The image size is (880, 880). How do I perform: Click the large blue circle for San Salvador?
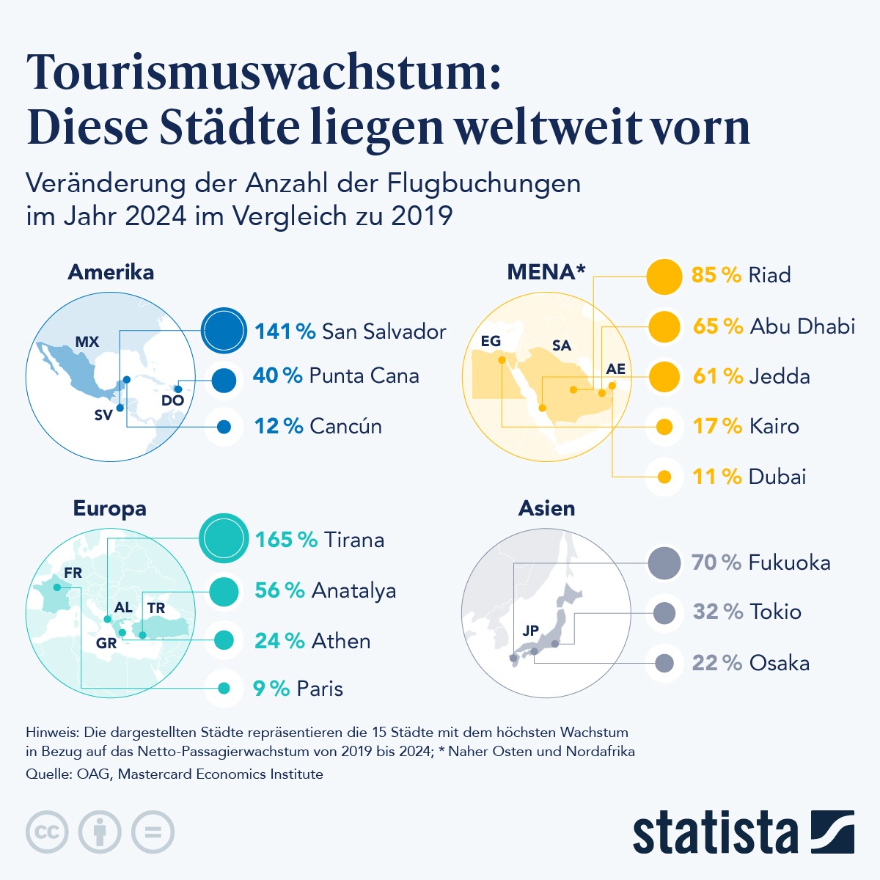click(223, 330)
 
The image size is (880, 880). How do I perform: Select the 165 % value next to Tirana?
click(286, 540)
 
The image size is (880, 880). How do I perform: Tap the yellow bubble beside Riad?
click(664, 276)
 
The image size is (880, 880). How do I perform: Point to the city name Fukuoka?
click(789, 562)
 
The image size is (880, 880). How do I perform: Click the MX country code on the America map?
click(87, 342)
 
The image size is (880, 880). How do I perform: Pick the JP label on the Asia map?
click(531, 631)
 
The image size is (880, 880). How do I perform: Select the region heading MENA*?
click(546, 272)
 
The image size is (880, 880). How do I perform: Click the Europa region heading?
click(109, 508)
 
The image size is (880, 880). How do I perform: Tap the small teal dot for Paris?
click(224, 688)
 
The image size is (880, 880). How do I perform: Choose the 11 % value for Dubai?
click(716, 477)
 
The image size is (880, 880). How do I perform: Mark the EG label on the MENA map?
click(491, 341)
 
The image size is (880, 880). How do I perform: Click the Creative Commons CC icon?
click(47, 832)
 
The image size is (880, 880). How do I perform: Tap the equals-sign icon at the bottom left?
click(153, 832)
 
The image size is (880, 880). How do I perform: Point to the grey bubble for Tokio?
click(664, 612)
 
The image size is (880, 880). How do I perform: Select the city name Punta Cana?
click(364, 375)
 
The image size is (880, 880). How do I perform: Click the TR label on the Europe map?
click(156, 608)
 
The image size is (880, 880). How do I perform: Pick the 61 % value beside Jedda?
click(717, 376)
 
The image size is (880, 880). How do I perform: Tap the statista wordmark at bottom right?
click(715, 833)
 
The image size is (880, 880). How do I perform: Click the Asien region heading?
click(546, 508)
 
